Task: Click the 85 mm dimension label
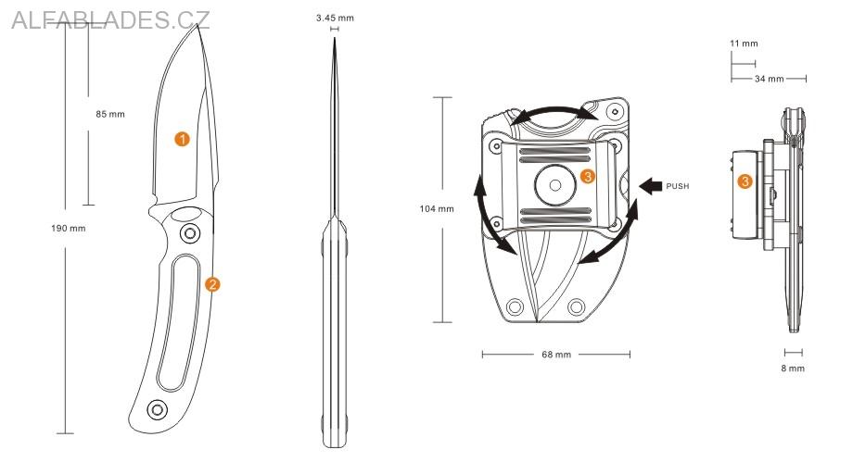tap(109, 115)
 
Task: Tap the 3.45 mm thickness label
tap(334, 18)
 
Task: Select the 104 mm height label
tap(437, 209)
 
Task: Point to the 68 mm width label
tap(556, 355)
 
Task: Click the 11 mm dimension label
tap(744, 44)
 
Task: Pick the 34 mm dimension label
tap(770, 79)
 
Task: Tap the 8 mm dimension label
tap(793, 368)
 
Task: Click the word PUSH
tap(678, 186)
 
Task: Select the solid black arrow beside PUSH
tap(650, 186)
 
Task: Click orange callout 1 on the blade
tap(183, 139)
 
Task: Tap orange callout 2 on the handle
tap(212, 284)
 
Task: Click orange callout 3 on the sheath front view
tap(586, 176)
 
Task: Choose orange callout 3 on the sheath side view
tap(745, 181)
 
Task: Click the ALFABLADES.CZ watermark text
tap(111, 20)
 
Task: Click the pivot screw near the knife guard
tap(190, 231)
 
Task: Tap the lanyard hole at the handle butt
tap(157, 408)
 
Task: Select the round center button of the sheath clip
tap(555, 183)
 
